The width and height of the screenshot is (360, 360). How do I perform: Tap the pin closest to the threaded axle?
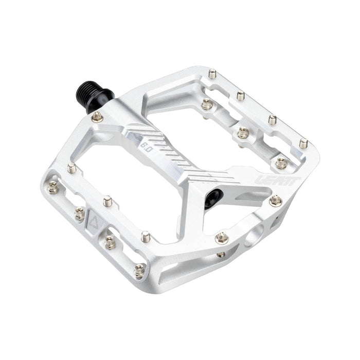point(97,118)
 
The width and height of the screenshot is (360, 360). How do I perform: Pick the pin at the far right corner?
point(304,143)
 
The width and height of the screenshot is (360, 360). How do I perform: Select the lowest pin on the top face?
point(139,269)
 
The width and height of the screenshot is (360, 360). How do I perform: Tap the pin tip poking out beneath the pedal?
point(221,254)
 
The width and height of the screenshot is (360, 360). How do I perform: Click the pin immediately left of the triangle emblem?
point(80,212)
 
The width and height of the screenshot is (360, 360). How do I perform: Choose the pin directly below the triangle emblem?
point(109,242)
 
